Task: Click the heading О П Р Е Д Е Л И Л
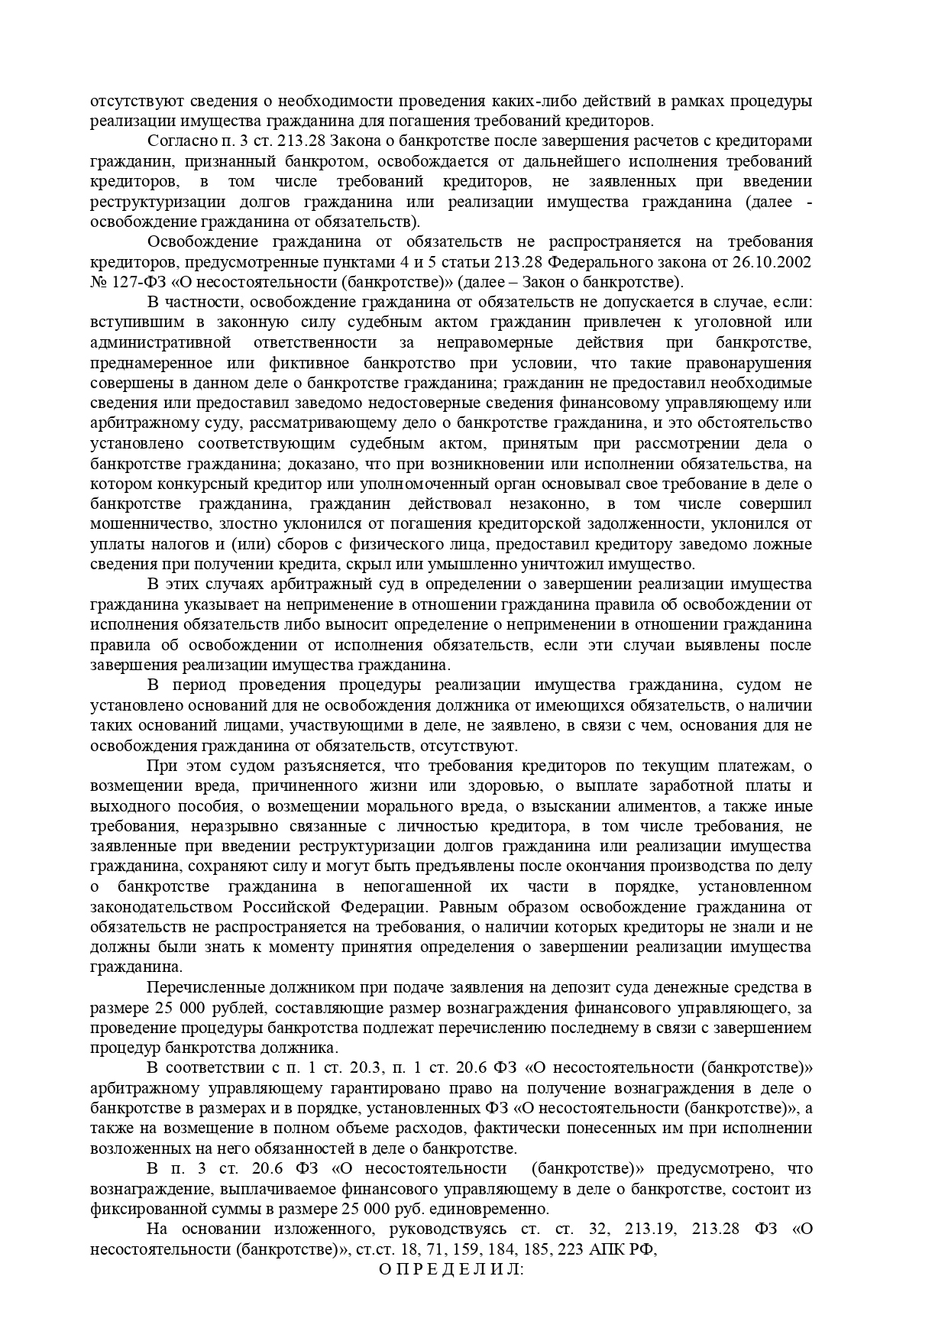click(450, 1269)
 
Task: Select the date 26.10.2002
click(772, 261)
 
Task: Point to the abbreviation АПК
click(611, 1250)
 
